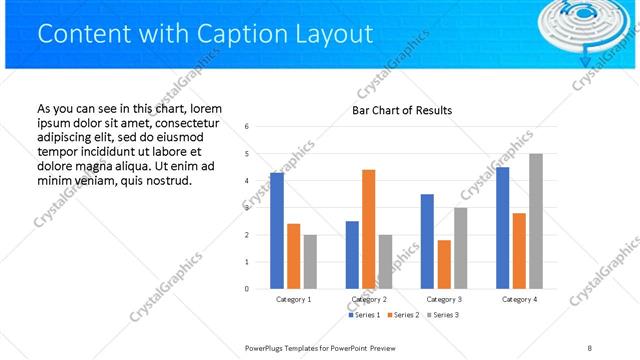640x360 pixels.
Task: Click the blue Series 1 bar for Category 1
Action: click(277, 231)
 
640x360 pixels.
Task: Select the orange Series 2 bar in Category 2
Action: click(368, 229)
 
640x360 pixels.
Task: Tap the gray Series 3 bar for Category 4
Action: click(535, 221)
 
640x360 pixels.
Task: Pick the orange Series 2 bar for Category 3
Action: click(443, 264)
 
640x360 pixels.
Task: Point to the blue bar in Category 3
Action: click(427, 241)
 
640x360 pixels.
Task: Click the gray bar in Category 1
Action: click(310, 262)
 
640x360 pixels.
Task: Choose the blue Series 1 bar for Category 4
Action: click(502, 228)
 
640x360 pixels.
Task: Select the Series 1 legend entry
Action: click(363, 315)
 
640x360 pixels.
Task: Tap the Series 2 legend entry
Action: click(402, 315)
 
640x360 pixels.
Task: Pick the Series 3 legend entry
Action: click(441, 315)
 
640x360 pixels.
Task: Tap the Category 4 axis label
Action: click(518, 299)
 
